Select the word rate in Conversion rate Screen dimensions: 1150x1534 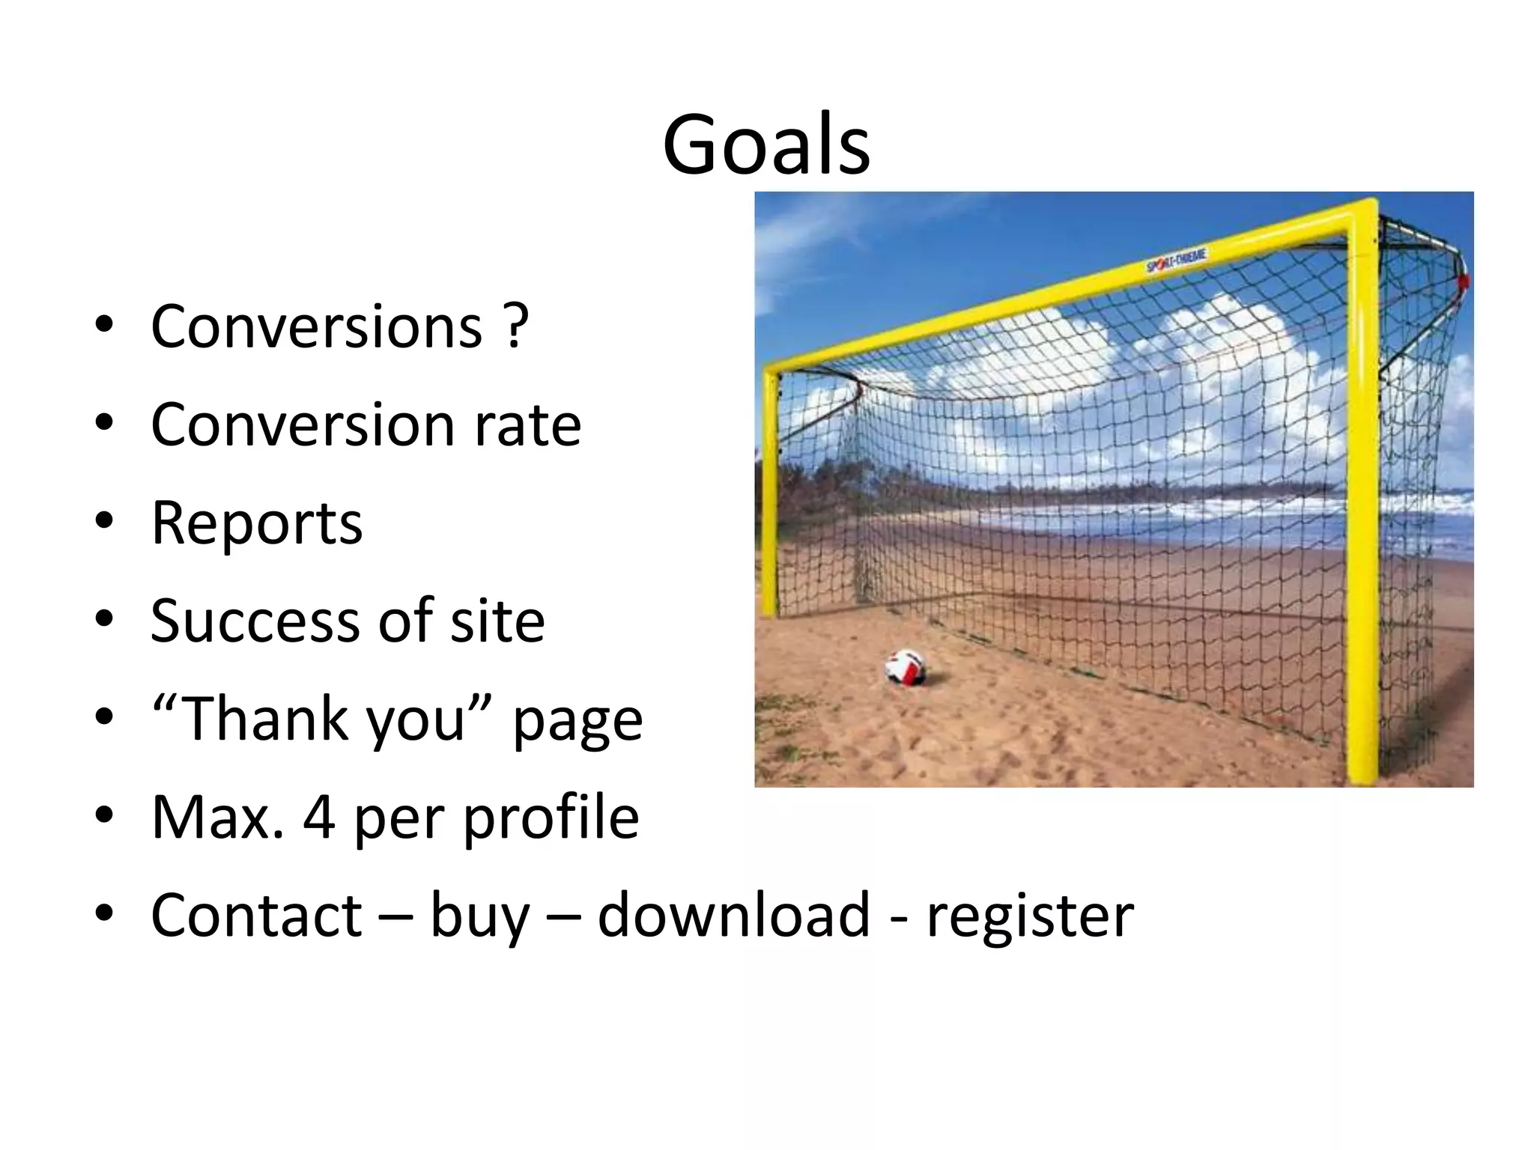tap(527, 425)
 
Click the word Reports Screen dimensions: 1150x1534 tap(257, 523)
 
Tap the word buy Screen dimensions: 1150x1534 tap(479, 916)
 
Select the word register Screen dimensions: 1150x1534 tap(1030, 916)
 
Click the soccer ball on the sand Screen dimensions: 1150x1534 tap(906, 666)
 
